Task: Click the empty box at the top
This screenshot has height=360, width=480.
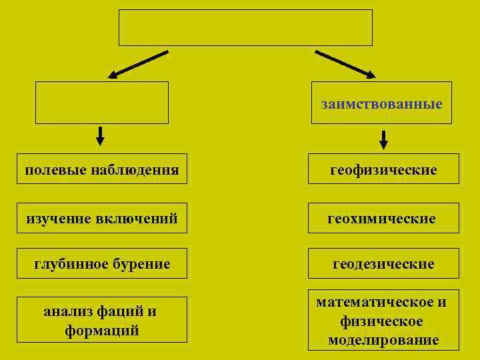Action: (x=245, y=27)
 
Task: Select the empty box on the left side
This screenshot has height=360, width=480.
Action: (x=102, y=103)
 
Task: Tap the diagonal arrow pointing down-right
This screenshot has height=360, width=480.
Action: (x=345, y=63)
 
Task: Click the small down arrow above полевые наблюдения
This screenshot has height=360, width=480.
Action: (x=100, y=136)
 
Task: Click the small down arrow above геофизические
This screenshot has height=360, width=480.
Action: (x=383, y=140)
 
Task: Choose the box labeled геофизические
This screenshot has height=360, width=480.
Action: (x=383, y=170)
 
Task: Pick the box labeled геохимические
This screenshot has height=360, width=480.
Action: (x=383, y=219)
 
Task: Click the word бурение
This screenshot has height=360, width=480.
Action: (x=142, y=264)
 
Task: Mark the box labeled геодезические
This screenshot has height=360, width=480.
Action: (x=383, y=264)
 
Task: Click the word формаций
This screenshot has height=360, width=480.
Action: (x=102, y=330)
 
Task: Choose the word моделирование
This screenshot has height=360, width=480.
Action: (x=383, y=340)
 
